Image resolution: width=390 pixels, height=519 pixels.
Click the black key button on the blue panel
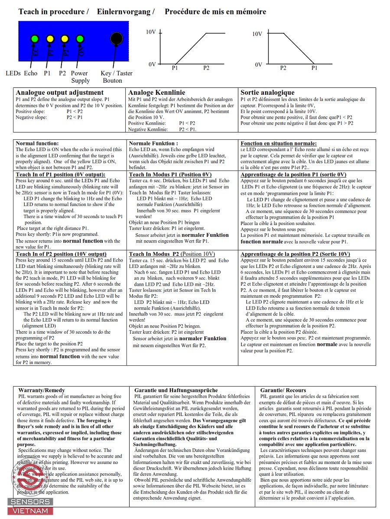point(116,39)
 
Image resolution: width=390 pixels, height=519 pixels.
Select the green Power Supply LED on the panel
point(80,39)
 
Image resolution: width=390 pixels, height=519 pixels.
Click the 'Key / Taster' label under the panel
point(116,73)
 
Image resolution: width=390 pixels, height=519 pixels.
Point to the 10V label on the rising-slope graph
point(151,32)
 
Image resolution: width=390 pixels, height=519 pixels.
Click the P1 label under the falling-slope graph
point(314,68)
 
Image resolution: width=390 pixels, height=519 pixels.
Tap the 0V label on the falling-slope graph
point(259,64)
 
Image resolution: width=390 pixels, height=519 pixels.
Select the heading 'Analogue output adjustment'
point(59,92)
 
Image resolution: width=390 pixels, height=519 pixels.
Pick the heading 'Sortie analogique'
point(267,92)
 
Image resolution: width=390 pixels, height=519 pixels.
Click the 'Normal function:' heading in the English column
point(37,143)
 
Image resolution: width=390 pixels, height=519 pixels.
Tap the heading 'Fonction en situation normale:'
point(279,143)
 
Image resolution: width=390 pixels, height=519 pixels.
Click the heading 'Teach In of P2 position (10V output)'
point(61,254)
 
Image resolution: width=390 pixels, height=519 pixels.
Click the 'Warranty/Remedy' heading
point(42,390)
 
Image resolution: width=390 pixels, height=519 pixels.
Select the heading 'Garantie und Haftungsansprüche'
point(176,390)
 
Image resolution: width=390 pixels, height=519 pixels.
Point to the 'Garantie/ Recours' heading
point(283,390)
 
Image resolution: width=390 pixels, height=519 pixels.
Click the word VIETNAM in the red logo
point(30,511)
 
